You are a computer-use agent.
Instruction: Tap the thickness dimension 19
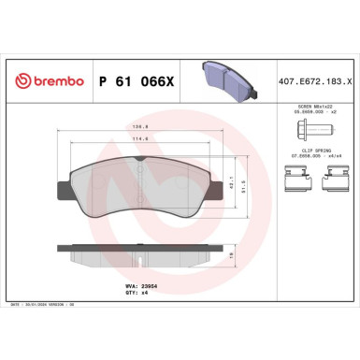point(231,252)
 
